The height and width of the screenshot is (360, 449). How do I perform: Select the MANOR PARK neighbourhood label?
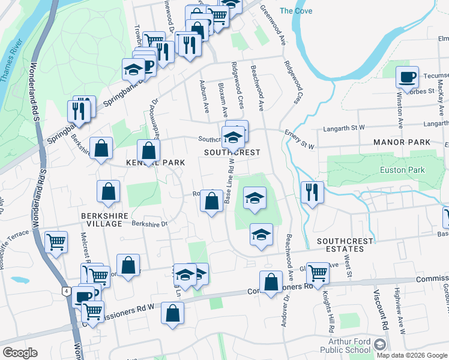pyautogui.click(x=402, y=142)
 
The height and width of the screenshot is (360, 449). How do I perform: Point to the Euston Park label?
pyautogui.click(x=402, y=170)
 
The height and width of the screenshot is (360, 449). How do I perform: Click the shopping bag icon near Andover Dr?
pyautogui.click(x=271, y=281)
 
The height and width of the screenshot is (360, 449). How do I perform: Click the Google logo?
pyautogui.click(x=19, y=353)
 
